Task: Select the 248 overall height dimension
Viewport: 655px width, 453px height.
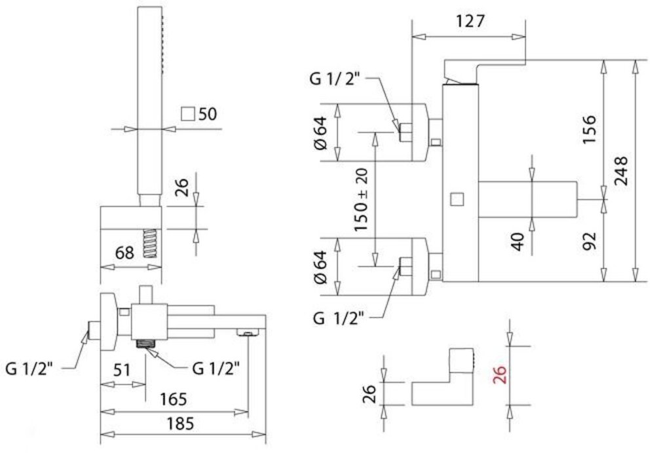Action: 621,172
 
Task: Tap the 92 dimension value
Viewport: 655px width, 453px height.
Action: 588,243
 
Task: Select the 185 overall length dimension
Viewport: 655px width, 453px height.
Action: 180,424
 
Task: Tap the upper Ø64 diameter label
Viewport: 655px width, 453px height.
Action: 320,134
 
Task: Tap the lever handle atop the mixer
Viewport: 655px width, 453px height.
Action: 485,68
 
